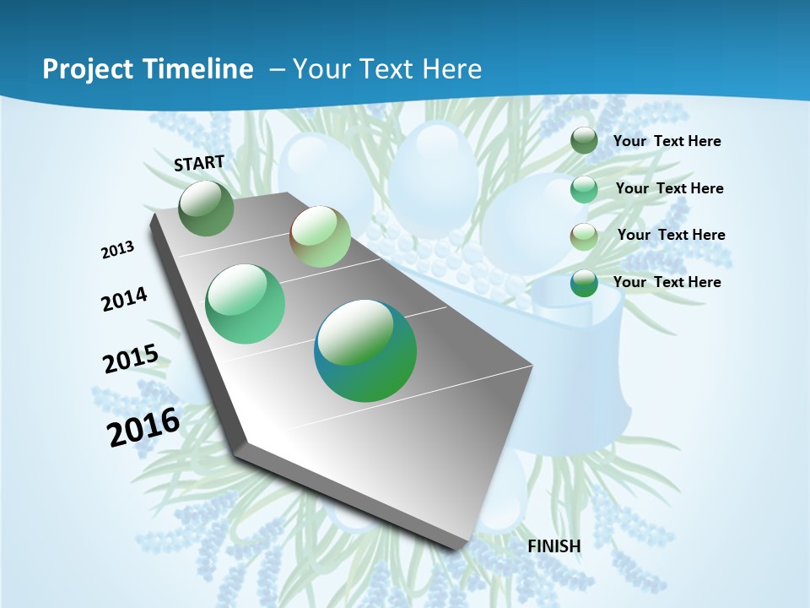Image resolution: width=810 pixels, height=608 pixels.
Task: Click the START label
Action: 199,162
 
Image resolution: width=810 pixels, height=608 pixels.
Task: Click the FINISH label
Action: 553,546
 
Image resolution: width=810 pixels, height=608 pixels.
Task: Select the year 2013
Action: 118,249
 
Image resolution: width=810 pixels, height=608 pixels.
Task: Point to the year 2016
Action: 143,426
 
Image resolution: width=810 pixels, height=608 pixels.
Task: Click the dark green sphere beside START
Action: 207,209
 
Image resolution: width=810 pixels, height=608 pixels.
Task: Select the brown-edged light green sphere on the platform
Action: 320,236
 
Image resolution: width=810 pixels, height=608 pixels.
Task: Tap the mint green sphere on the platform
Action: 246,304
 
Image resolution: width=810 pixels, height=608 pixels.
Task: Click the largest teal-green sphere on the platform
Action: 365,350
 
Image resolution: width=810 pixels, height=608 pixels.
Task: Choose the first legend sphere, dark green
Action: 584,141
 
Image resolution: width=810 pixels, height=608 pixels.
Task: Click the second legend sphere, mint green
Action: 584,189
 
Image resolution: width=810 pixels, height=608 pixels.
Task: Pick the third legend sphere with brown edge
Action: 584,236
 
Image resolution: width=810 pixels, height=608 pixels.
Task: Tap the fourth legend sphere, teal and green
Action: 584,283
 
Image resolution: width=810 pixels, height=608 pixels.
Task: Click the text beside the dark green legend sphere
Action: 667,141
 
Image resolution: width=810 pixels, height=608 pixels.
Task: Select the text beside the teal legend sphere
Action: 667,282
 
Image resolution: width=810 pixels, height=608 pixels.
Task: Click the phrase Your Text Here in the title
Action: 386,69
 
